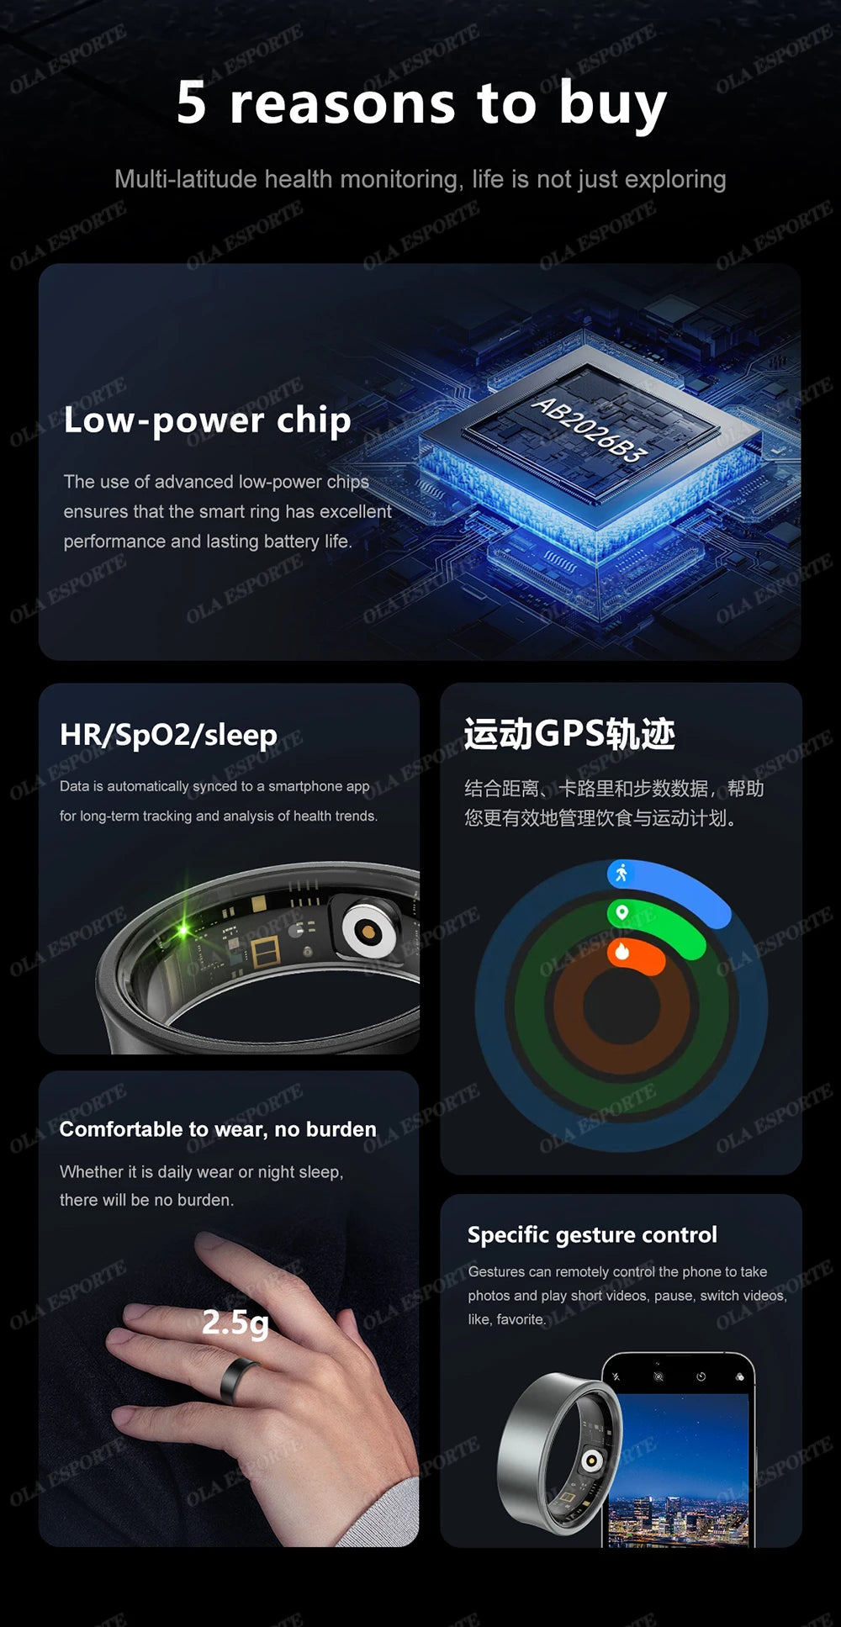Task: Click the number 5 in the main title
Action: click(192, 103)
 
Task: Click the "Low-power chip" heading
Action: click(207, 420)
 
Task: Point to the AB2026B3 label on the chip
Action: click(590, 430)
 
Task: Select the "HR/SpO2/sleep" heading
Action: click(168, 734)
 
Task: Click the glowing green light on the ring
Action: click(183, 930)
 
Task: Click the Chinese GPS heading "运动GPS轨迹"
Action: click(569, 733)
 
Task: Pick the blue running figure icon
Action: click(621, 873)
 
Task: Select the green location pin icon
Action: click(621, 912)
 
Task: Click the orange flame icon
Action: click(622, 951)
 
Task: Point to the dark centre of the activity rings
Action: click(621, 1007)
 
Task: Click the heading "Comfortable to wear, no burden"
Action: click(218, 1129)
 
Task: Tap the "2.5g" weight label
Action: click(235, 1322)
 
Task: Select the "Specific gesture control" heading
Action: click(592, 1234)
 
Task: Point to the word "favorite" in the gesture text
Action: click(520, 1319)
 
